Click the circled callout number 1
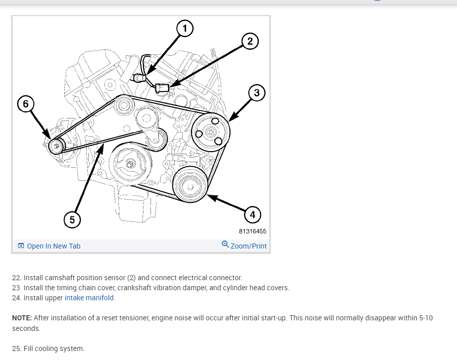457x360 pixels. pos(185,29)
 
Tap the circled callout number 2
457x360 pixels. pos(250,41)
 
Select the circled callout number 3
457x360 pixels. pos(256,92)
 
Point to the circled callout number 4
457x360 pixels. pos(252,215)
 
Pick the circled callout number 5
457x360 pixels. pos(72,219)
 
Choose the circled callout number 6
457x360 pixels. pos(26,104)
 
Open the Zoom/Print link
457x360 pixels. pos(248,246)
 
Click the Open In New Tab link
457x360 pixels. pos(53,246)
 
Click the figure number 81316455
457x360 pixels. pos(253,231)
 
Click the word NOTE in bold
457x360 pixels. pos(22,318)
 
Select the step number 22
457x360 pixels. pos(17,278)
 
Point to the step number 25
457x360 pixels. pos(17,348)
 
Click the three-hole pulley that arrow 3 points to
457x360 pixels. pos(211,133)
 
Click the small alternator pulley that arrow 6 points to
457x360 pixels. pos(56,146)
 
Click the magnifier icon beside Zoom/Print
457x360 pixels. pos(225,245)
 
